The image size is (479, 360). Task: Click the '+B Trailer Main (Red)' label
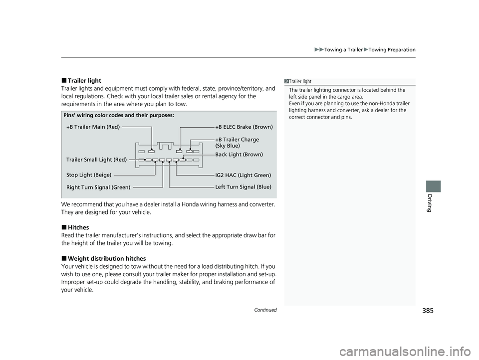point(93,127)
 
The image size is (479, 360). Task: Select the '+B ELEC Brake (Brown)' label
point(244,127)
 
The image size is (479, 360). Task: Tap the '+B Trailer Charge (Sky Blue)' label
point(237,143)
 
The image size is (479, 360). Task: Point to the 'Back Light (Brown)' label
point(239,155)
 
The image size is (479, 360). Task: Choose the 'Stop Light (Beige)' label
point(89,175)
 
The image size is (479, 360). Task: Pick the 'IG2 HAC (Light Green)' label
point(243,176)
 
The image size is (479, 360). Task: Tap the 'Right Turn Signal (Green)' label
point(98,187)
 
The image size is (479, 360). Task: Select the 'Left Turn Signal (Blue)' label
point(243,186)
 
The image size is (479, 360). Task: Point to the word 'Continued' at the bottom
point(266,310)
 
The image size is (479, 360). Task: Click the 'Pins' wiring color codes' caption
point(119,115)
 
